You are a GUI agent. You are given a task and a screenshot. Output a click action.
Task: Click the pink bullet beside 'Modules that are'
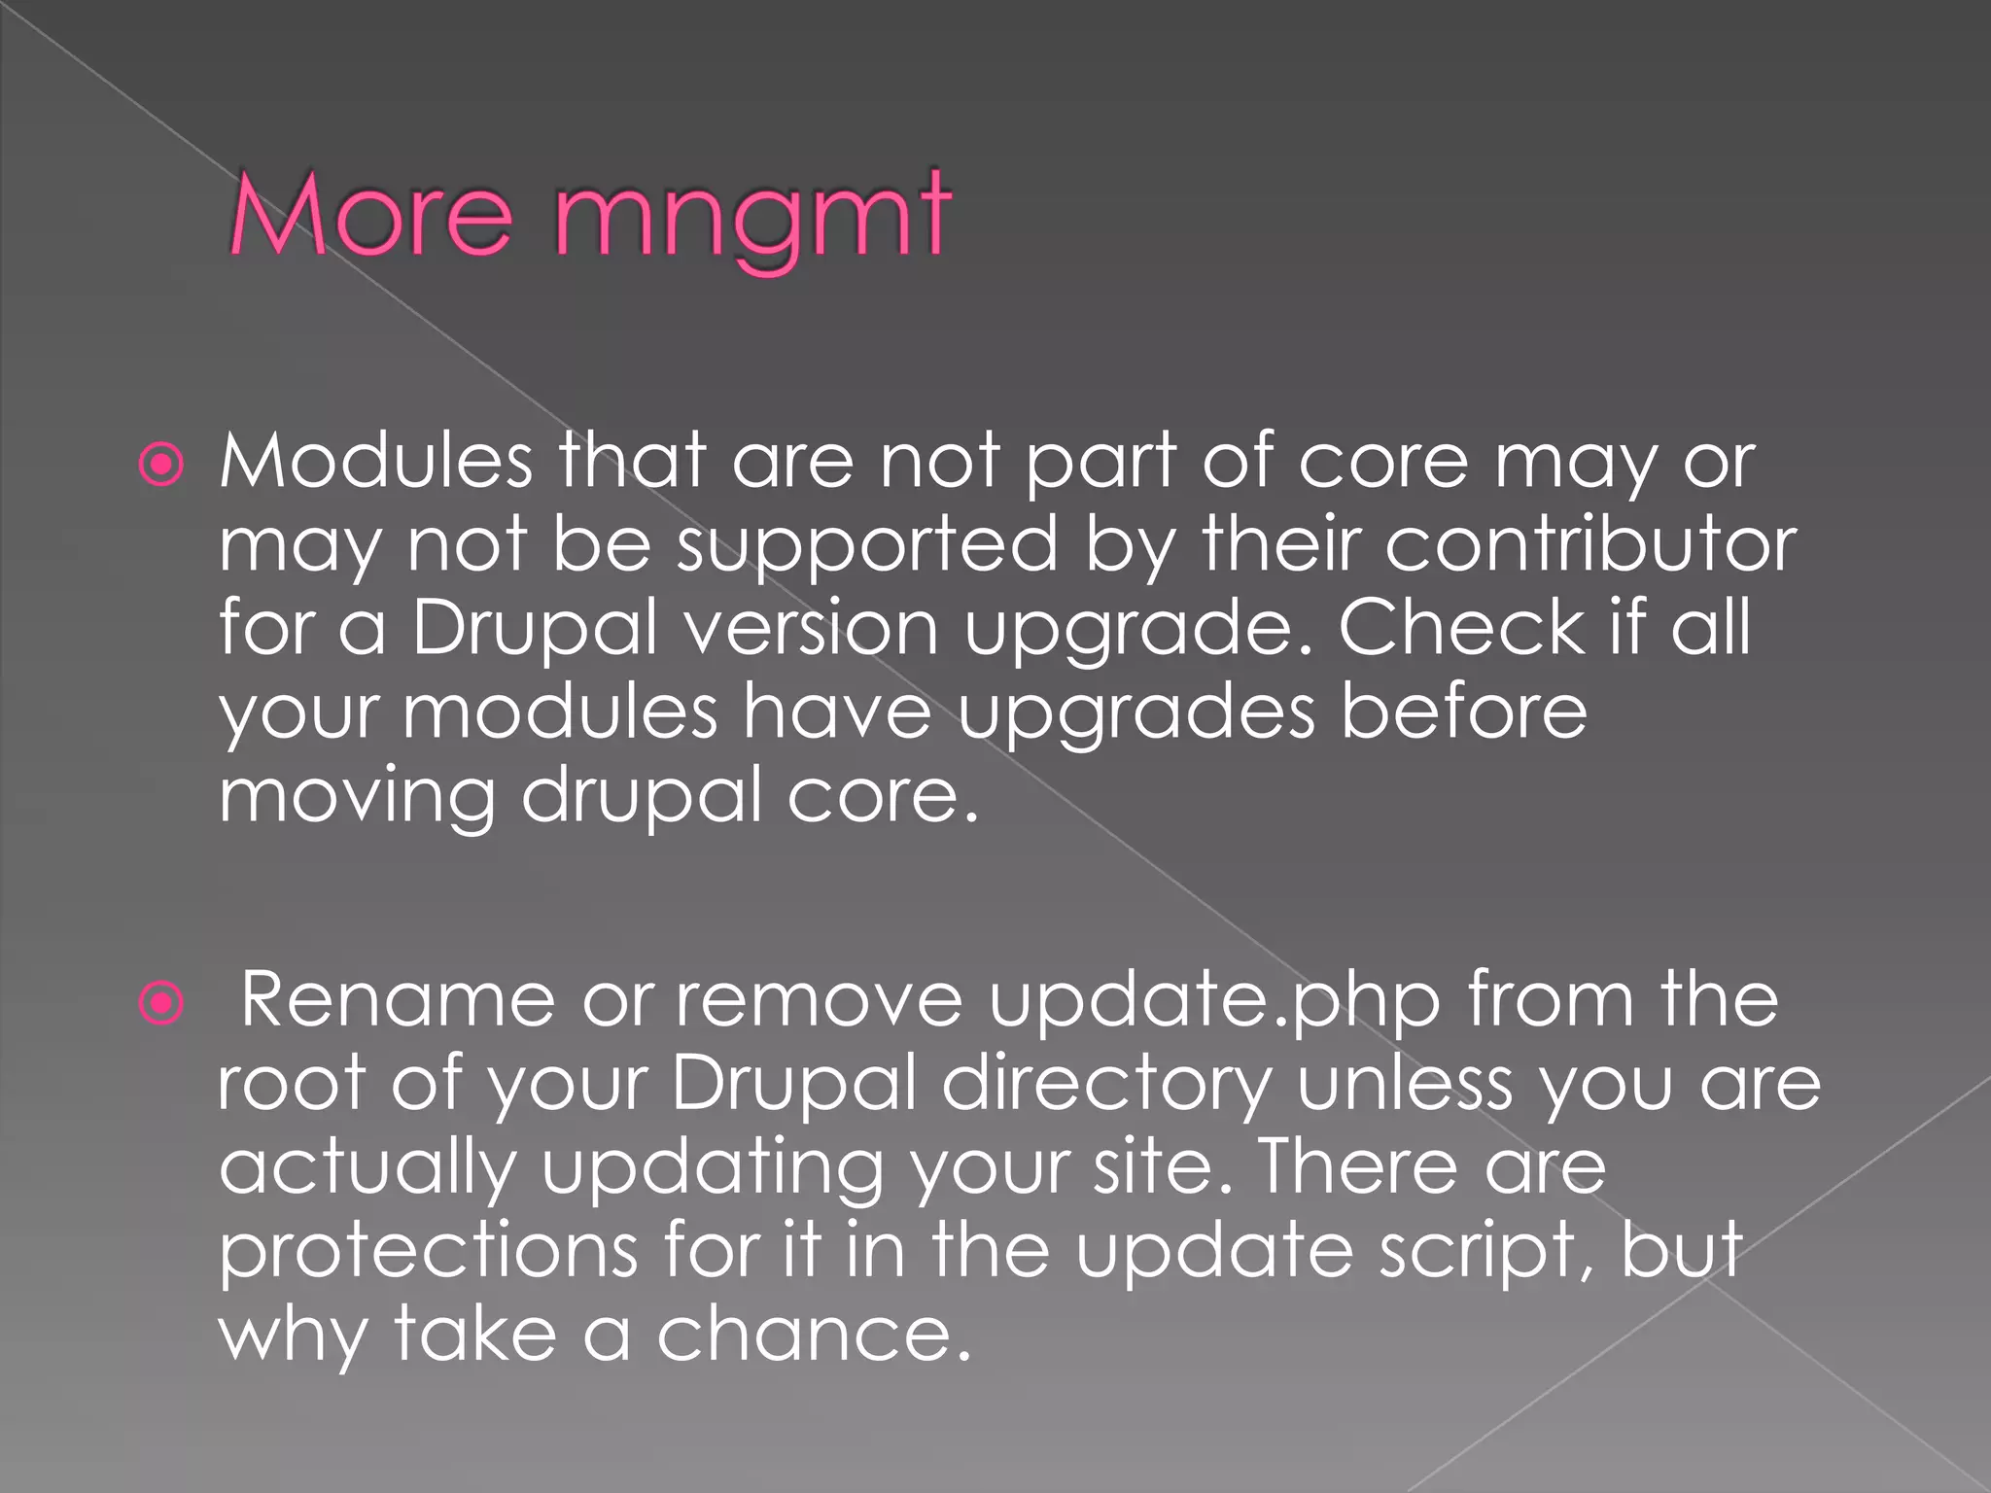[x=161, y=465]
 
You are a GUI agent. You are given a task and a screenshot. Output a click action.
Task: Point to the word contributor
[x=1590, y=544]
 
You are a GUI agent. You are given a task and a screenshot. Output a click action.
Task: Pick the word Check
[x=1461, y=628]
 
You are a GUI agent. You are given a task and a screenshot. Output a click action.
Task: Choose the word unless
[x=1405, y=1083]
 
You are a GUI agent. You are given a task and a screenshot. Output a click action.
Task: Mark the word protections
[x=428, y=1253]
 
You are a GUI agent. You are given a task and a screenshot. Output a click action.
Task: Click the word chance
[x=814, y=1335]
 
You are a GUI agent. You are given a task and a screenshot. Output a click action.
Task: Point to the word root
[x=291, y=1085]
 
